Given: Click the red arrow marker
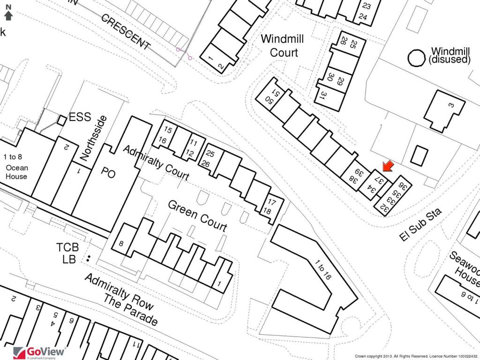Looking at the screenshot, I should [388, 166].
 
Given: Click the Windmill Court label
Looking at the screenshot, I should [283, 45].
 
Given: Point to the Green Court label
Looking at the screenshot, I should [197, 216].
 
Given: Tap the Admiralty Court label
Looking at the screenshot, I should [156, 163].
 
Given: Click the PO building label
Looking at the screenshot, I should [108, 173].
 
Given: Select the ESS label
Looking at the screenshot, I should [80, 118].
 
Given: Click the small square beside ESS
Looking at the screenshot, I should [61, 120].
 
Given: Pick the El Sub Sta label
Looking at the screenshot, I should [421, 226].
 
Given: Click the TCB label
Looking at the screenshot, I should [67, 247].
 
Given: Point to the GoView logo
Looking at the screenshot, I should [40, 352].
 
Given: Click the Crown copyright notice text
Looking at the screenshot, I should [416, 356].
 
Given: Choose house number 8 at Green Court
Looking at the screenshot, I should [121, 243].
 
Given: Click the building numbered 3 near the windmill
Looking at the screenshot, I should [444, 111].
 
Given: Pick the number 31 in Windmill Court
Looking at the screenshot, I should [323, 96].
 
